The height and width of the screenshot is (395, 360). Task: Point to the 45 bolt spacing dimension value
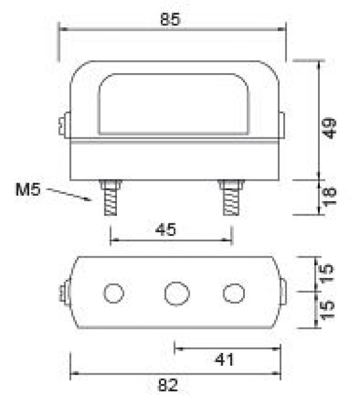click(x=166, y=230)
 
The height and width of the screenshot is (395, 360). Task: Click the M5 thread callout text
click(x=27, y=189)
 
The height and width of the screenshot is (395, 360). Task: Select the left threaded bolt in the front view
click(x=111, y=198)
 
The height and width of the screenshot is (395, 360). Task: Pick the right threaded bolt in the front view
click(x=231, y=198)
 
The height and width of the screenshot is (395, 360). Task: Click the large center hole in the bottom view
click(x=177, y=292)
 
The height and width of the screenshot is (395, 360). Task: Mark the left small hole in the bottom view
click(x=113, y=293)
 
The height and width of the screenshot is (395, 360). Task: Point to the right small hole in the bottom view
click(x=233, y=293)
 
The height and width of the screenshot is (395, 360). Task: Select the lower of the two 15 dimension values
click(x=328, y=307)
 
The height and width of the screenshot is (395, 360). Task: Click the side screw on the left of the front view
click(x=63, y=126)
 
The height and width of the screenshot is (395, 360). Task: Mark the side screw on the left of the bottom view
click(x=64, y=293)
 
